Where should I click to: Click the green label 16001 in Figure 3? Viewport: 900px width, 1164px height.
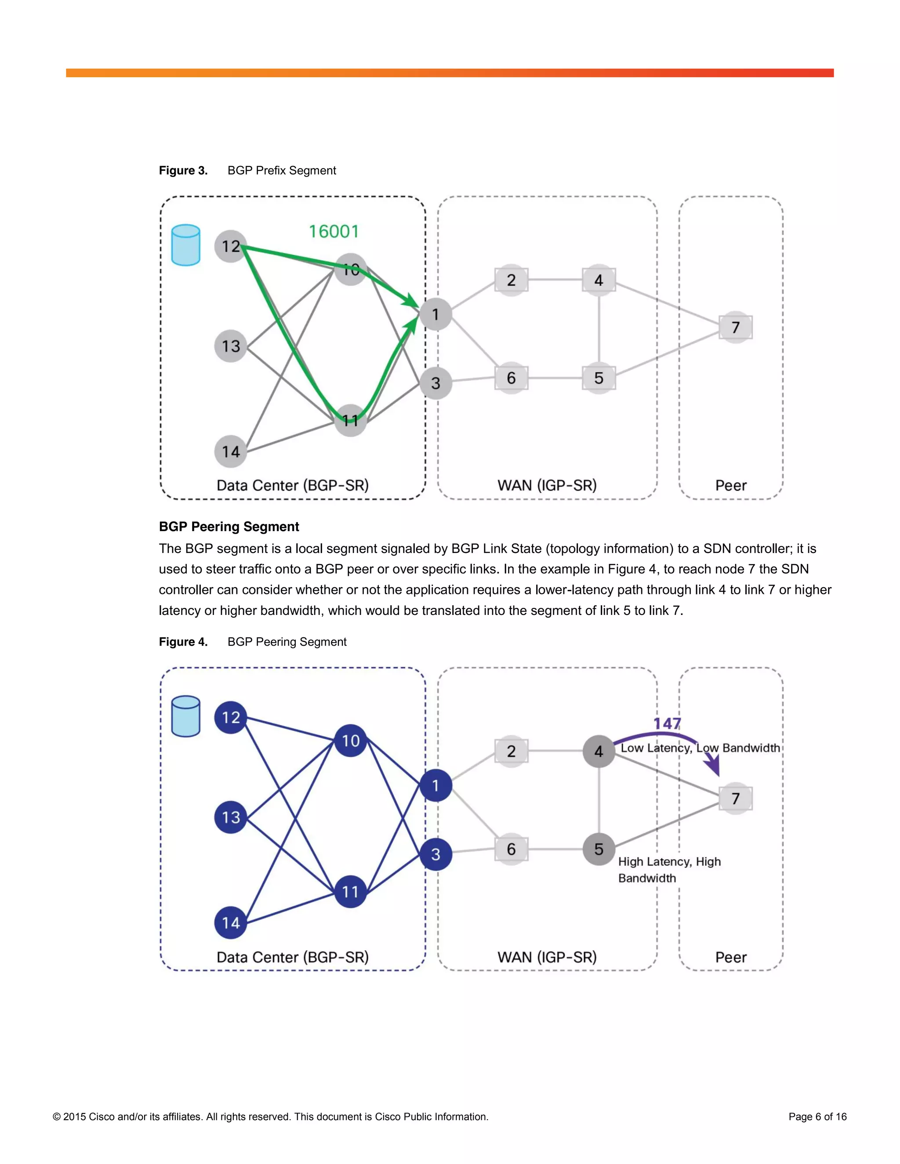(334, 231)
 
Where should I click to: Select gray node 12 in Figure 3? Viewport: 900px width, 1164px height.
(230, 246)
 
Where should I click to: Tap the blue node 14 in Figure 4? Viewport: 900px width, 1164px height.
(230, 922)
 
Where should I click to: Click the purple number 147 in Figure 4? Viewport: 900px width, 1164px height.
(667, 723)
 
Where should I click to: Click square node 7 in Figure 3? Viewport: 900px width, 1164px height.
(735, 327)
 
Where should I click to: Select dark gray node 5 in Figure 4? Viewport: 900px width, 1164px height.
(599, 849)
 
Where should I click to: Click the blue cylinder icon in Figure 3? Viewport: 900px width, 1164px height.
(185, 245)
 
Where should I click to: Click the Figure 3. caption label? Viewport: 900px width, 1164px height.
(183, 170)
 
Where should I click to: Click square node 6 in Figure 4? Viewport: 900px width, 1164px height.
(511, 849)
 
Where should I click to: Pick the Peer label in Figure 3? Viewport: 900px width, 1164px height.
(730, 485)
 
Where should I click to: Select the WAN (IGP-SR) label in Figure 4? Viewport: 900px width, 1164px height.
(547, 957)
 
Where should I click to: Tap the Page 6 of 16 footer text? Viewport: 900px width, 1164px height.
(817, 1117)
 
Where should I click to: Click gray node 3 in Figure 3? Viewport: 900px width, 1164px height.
(435, 383)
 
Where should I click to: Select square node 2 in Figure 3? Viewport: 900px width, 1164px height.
(511, 280)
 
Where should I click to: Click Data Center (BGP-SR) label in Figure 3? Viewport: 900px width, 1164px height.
(292, 485)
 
